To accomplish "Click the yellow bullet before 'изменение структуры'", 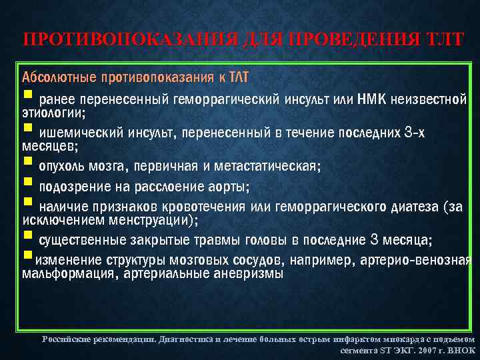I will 27,255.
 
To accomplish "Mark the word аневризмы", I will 247,273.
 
